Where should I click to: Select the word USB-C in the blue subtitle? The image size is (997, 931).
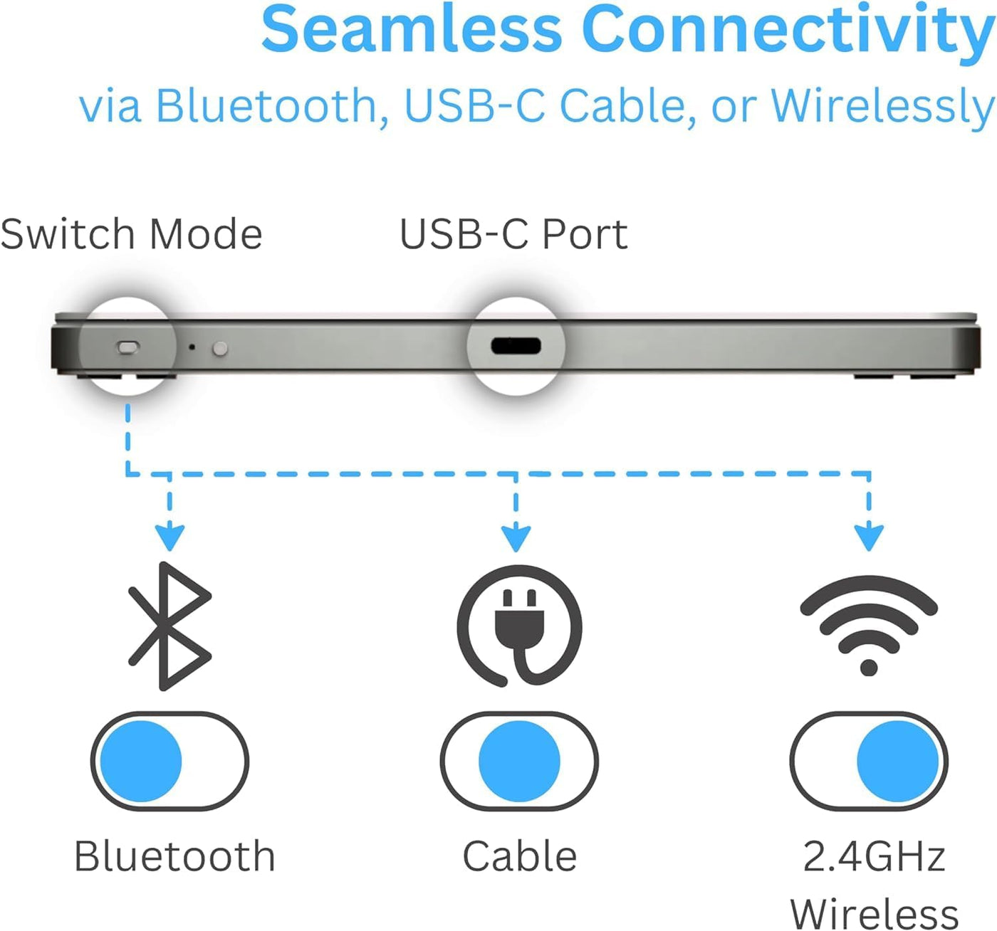474,106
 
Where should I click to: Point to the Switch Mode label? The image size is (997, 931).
132,234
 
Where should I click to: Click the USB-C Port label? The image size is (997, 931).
513,234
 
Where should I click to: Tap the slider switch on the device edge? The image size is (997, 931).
128,347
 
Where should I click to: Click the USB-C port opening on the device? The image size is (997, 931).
516,347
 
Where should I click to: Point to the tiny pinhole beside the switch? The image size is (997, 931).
192,347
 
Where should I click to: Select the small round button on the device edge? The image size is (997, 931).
220,348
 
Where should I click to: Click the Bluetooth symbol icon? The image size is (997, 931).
169,626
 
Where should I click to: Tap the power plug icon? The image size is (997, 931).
519,626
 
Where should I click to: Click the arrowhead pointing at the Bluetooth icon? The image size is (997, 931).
169,538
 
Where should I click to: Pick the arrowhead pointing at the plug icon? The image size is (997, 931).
516,539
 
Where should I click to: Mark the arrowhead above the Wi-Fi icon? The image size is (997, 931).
869,538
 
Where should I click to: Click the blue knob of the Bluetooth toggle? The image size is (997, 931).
141,761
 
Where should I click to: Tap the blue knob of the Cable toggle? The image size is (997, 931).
519,761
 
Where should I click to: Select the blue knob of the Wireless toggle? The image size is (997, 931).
897,761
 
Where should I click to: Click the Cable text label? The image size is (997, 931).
520,856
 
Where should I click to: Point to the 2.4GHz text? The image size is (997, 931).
874,856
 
